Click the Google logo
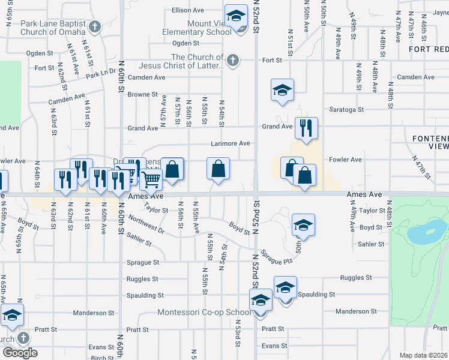click(x=20, y=353)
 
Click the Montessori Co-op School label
click(x=204, y=312)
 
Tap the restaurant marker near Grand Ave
click(x=306, y=128)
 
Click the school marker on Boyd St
click(x=303, y=225)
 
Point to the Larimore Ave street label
click(x=230, y=143)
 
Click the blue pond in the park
click(x=426, y=231)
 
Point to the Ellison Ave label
click(x=188, y=10)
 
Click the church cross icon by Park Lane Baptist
click(x=95, y=27)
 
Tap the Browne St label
click(x=142, y=94)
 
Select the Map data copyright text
click(x=424, y=355)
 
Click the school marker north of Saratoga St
click(x=282, y=90)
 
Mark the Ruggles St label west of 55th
click(x=142, y=278)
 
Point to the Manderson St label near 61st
click(x=93, y=313)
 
